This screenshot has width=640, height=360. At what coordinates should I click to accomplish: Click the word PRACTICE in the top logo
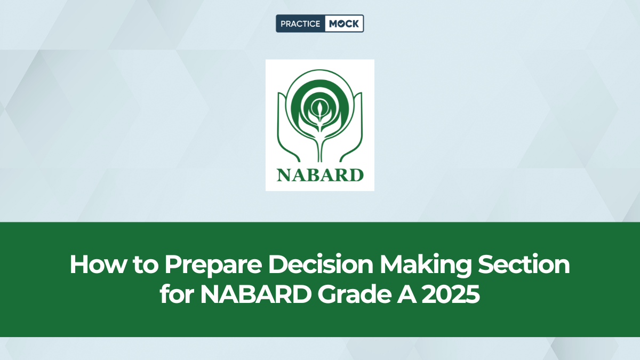[300, 23]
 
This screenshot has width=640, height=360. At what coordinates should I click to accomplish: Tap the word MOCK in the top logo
[344, 23]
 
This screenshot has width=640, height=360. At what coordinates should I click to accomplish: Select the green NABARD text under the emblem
[320, 174]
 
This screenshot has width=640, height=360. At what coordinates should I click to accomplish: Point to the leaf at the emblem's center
[320, 111]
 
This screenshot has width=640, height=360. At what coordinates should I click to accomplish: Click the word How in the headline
[94, 265]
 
